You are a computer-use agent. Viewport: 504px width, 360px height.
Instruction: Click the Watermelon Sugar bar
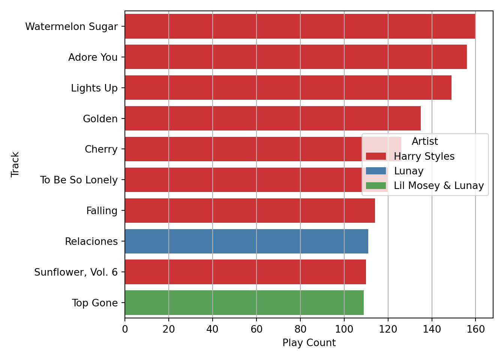pyautogui.click(x=300, y=26)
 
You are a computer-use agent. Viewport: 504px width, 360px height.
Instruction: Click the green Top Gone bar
pyautogui.click(x=244, y=303)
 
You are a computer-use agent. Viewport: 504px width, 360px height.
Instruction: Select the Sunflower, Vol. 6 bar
pyautogui.click(x=245, y=272)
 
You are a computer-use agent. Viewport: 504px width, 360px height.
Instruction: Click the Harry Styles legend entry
pyautogui.click(x=424, y=156)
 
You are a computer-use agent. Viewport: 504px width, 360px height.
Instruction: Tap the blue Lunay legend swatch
pyautogui.click(x=376, y=171)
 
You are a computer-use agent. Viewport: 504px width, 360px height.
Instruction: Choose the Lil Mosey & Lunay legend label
pyautogui.click(x=439, y=186)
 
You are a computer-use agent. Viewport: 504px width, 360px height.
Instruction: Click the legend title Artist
pyautogui.click(x=424, y=141)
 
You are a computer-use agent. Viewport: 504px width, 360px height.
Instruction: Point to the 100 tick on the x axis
pyautogui.click(x=344, y=330)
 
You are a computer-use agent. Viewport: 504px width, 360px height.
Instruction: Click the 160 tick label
pyautogui.click(x=475, y=330)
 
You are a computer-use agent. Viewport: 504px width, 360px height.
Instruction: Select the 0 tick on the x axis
pyautogui.click(x=125, y=330)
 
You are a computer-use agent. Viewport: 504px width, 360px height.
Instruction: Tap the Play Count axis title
pyautogui.click(x=309, y=343)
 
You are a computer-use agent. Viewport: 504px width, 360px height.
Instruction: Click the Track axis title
pyautogui.click(x=15, y=164)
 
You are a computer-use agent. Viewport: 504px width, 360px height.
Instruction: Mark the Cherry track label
pyautogui.click(x=101, y=149)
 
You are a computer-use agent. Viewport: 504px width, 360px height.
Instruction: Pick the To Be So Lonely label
pyautogui.click(x=79, y=180)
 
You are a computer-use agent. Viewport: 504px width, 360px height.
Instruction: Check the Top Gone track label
pyautogui.click(x=95, y=303)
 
